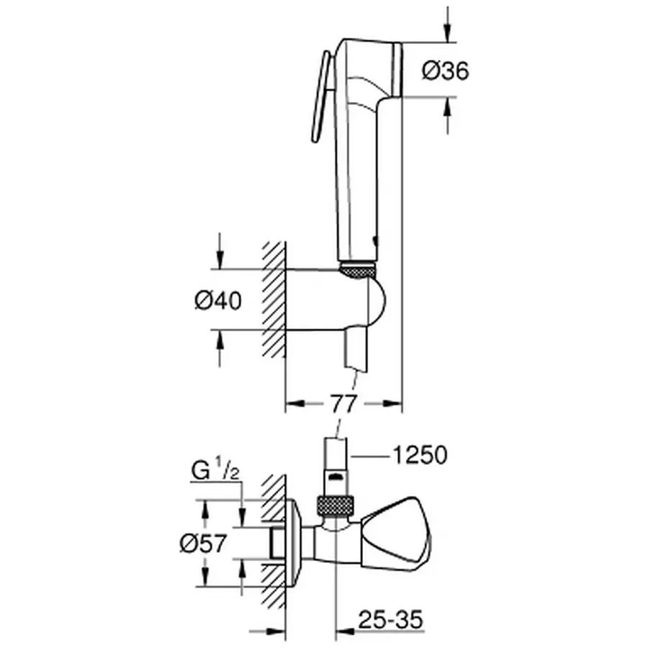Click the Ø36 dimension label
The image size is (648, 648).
coord(445,71)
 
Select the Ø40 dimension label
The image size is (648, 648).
coord(217,301)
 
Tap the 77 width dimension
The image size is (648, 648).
coord(343,404)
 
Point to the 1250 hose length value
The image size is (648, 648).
coord(420,455)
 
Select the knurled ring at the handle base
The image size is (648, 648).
coord(358,270)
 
